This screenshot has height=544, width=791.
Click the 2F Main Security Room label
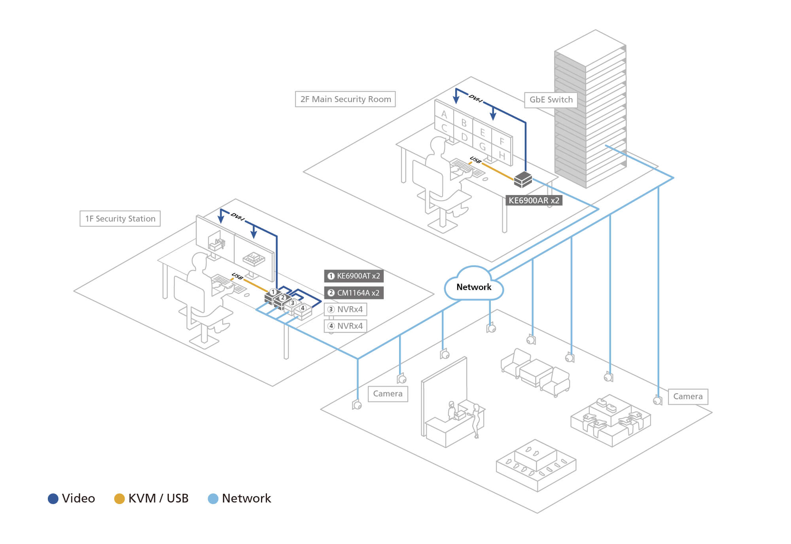pos(345,99)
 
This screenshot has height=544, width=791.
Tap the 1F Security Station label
pos(120,219)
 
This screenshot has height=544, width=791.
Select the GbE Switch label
pos(551,100)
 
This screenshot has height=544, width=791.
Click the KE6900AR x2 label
pos(534,201)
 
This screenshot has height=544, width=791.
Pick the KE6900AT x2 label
pos(354,276)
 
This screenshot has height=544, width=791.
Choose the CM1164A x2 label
pos(354,293)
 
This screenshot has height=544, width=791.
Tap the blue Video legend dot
pos(53,499)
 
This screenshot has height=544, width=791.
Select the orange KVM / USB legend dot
pos(119,499)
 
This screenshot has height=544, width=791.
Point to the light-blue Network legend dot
pos(213,499)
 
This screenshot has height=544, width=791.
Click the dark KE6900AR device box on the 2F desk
pos(523,180)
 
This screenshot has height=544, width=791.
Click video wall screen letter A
pos(444,114)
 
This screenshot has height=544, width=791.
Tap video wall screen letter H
pos(502,155)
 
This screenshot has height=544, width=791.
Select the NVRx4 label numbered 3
pos(346,309)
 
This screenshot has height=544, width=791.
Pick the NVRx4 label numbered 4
pos(346,326)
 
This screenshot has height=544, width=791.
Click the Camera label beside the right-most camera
pos(688,396)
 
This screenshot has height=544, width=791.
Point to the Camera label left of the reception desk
pos(388,394)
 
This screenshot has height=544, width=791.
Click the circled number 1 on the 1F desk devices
pos(273,292)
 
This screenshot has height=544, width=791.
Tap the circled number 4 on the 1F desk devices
pos(303,308)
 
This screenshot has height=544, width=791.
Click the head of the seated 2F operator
pos(438,145)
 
